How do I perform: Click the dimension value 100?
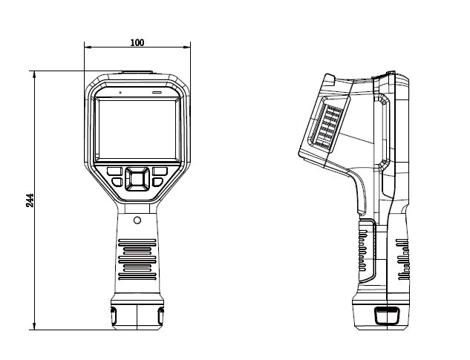137,42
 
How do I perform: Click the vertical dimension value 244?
30,200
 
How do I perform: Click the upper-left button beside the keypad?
115,171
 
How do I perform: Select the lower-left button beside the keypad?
117,181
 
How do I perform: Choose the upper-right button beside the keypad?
160,171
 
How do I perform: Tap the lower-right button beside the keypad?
157,181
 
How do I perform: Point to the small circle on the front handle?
137,220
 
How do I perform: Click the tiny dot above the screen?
117,93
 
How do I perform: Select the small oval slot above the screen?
157,93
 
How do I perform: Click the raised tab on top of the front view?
137,73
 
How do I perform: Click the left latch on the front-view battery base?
114,315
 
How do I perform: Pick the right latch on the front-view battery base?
160,315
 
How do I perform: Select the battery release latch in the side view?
385,315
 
